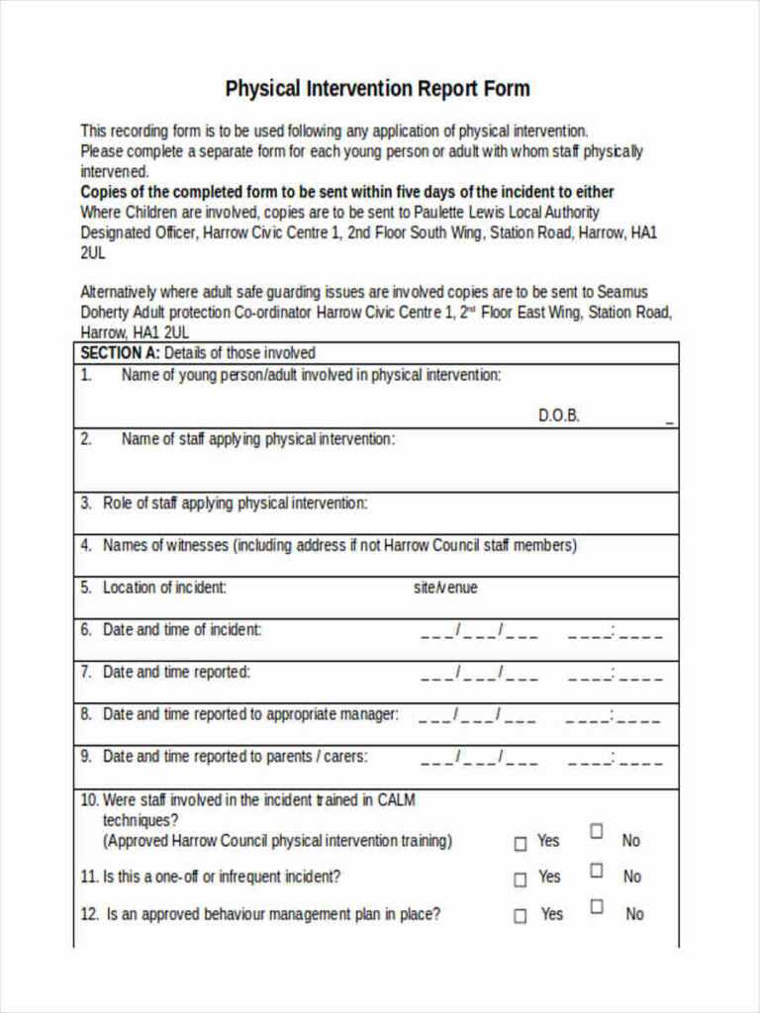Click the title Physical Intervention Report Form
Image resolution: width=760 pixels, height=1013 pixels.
coord(377,89)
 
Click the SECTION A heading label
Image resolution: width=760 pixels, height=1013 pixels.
coord(119,353)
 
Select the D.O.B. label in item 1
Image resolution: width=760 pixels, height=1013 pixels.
coord(559,415)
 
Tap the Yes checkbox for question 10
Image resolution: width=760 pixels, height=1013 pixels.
coord(521,844)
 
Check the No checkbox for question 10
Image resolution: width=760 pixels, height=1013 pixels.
coord(597,831)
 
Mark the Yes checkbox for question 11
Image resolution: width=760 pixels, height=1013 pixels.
coord(521,879)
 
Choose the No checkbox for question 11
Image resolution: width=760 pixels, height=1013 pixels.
coord(597,870)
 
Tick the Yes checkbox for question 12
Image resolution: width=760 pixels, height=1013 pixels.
coord(521,916)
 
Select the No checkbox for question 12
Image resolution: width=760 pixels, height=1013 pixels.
coord(597,906)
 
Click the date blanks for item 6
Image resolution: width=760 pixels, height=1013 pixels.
coord(479,631)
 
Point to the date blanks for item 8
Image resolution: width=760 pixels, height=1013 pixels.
coord(479,716)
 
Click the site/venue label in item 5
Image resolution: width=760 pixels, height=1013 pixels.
coord(445,588)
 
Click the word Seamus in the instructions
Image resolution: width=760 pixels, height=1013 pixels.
coord(622,292)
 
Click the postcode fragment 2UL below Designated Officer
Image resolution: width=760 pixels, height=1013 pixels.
coord(92,252)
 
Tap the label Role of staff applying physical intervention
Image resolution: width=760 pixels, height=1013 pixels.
coord(235,504)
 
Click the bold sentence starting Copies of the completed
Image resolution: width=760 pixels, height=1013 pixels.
coord(346,192)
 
